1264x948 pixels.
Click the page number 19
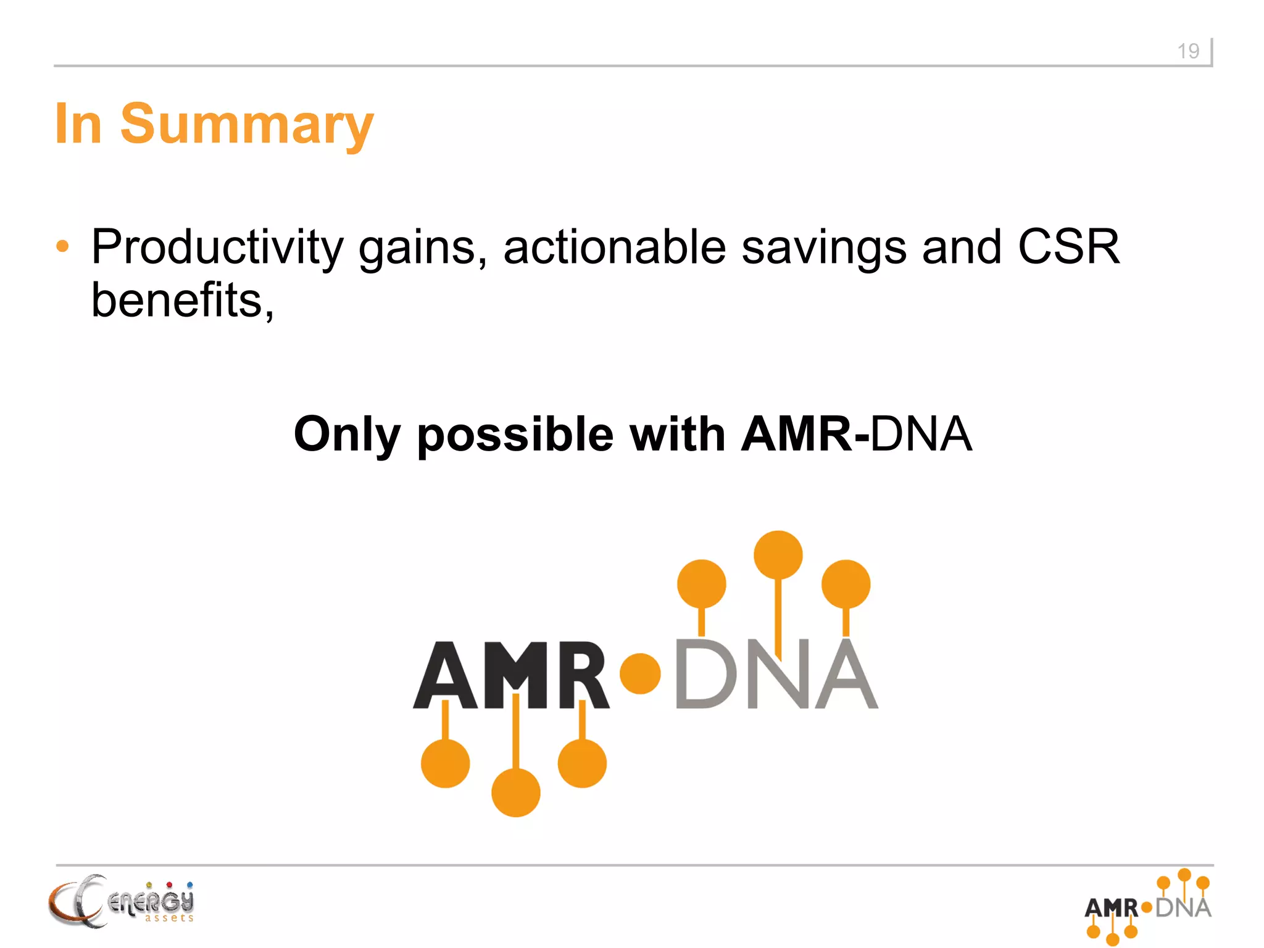click(1187, 51)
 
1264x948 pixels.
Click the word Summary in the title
click(247, 124)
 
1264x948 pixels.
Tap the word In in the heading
click(78, 124)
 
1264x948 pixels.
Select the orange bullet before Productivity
click(62, 246)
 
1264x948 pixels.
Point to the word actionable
click(614, 247)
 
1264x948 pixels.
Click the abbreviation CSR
click(1068, 247)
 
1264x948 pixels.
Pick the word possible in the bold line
click(515, 435)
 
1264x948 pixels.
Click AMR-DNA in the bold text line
click(856, 434)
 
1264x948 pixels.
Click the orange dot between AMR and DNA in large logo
click(640, 673)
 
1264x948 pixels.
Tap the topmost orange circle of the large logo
click(778, 555)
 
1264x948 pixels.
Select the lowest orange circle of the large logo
click(515, 792)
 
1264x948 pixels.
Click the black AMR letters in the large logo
click(511, 675)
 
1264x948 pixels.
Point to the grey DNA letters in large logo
click(776, 675)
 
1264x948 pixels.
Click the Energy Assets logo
click(121, 901)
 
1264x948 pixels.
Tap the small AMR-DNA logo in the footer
click(1148, 907)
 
